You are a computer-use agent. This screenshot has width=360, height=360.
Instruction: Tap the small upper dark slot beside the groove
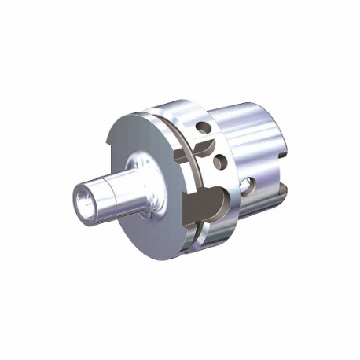[203, 146]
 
